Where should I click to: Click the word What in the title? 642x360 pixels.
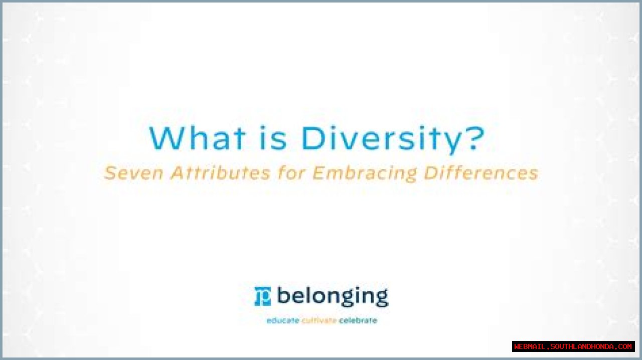(198, 138)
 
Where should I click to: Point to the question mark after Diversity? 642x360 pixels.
(473, 137)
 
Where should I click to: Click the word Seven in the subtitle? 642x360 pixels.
(133, 173)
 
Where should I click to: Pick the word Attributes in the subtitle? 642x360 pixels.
(220, 173)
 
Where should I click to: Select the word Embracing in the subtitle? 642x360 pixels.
(364, 173)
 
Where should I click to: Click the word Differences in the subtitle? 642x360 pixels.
(481, 173)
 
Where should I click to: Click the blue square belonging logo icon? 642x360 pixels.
(263, 296)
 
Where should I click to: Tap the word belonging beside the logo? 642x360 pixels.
(333, 297)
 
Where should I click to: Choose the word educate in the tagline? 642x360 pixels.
(283, 320)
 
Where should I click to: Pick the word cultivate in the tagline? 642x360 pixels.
(319, 320)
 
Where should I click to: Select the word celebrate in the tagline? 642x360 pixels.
(358, 320)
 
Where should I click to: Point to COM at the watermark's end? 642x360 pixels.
(625, 346)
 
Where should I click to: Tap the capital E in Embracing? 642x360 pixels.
(319, 173)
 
